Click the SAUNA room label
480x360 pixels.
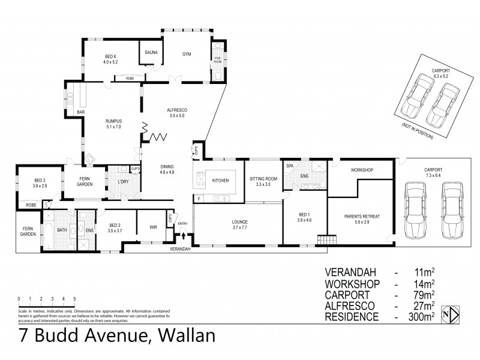pos(151,53)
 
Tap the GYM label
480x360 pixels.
pos(187,53)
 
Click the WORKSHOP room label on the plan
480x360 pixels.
pos(362,170)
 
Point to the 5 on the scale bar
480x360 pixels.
pos(74,298)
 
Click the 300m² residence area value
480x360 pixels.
pos(418,316)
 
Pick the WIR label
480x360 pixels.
pos(154,227)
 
